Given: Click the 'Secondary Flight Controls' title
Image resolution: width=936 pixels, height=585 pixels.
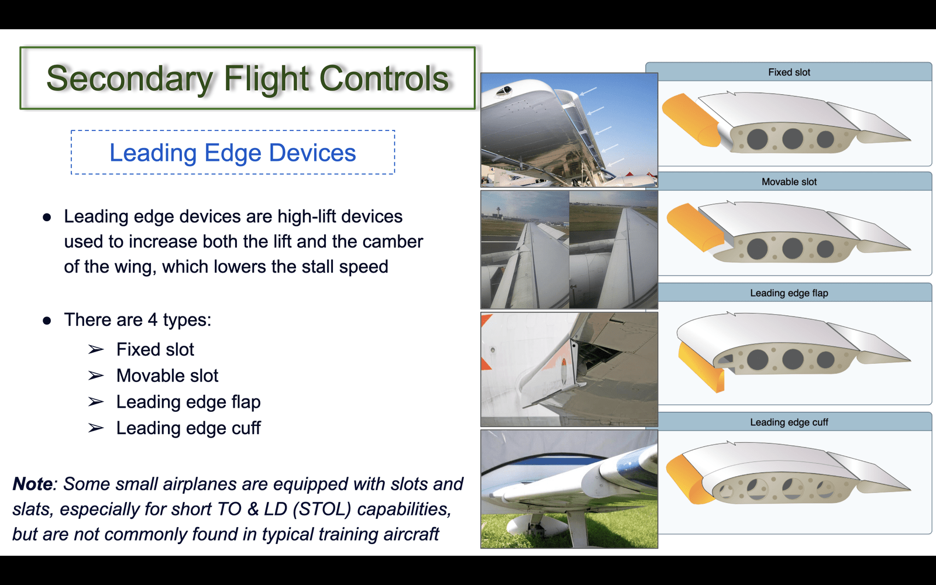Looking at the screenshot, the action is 247,78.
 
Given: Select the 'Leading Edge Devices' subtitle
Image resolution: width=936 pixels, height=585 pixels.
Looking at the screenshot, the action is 233,153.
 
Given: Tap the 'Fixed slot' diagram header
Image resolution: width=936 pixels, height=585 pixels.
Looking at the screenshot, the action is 789,73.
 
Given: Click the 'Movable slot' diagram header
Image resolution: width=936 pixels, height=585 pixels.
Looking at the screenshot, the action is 789,182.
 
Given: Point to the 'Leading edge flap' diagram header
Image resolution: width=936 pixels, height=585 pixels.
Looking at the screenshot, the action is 789,293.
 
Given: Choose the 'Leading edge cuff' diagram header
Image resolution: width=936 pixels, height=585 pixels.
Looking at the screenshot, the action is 789,422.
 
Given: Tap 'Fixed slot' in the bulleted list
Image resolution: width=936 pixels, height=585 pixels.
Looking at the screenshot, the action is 155,349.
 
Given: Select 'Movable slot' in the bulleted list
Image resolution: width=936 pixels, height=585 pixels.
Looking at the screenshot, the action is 167,376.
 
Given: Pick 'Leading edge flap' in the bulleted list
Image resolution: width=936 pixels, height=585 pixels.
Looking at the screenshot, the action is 188,402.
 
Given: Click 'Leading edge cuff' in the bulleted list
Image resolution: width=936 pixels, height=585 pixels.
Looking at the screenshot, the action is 188,428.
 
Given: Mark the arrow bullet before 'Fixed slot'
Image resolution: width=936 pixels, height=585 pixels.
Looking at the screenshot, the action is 96,349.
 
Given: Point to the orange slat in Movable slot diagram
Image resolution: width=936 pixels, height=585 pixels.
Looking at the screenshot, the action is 695,228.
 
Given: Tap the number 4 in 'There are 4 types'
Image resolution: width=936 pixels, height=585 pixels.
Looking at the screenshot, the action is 153,320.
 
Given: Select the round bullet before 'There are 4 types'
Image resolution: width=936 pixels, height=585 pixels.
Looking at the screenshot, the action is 47,321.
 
